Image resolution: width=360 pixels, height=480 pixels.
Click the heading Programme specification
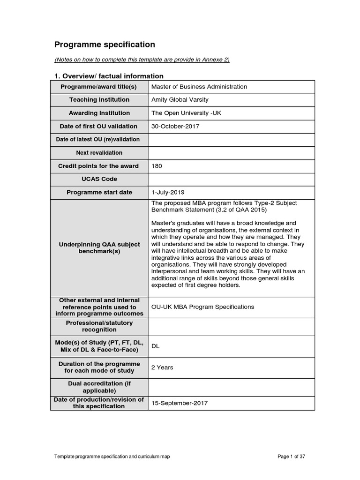105,45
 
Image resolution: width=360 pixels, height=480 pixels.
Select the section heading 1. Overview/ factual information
109,76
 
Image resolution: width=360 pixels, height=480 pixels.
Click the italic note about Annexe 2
142,60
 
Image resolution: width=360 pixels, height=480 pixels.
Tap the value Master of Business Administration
199,87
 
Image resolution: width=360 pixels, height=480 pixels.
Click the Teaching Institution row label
99,100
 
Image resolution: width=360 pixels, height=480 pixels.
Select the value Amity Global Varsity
180,100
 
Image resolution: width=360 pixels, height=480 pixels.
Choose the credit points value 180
157,166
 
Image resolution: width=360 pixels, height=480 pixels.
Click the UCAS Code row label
99,179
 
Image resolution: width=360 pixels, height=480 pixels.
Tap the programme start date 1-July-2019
168,192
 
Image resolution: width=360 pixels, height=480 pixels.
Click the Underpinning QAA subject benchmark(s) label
99,247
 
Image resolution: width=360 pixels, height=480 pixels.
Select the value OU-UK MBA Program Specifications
202,307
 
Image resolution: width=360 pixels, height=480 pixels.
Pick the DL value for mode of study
155,346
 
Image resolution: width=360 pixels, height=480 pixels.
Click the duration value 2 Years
162,367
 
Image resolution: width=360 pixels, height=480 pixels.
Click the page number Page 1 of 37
291,457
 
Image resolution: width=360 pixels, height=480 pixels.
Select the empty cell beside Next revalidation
231,153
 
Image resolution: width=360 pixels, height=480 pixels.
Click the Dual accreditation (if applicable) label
99,387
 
